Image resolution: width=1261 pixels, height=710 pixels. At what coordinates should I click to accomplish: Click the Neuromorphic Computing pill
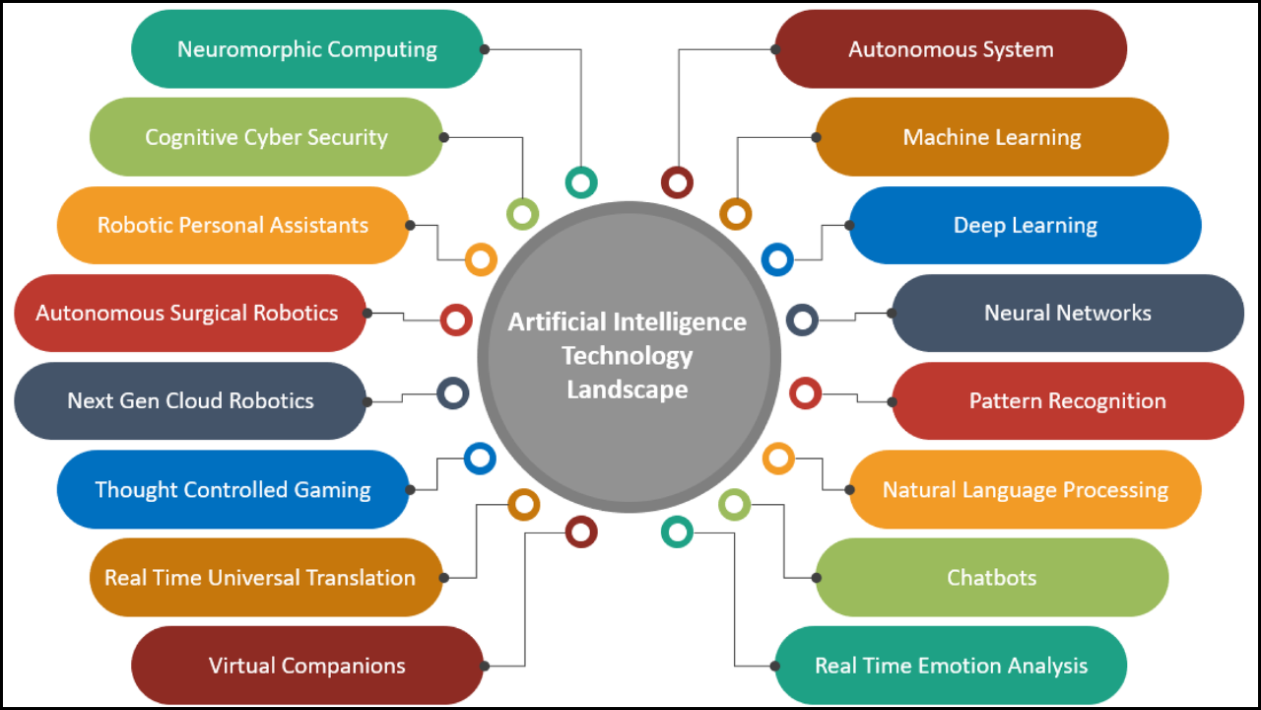(306, 49)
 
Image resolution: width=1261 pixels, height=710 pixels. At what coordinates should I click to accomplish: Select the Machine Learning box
(991, 137)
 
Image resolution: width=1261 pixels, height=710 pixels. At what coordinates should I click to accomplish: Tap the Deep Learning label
(1025, 225)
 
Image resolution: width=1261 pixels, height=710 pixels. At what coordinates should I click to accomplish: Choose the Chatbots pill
(991, 577)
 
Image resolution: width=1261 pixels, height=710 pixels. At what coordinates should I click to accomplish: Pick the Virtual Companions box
(306, 666)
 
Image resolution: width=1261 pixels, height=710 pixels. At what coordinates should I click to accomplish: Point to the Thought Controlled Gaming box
(232, 489)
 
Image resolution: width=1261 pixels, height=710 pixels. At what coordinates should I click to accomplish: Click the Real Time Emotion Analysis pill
(951, 666)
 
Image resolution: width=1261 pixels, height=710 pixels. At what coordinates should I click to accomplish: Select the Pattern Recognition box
(1067, 401)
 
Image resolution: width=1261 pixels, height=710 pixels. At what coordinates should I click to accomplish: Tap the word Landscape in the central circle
(628, 390)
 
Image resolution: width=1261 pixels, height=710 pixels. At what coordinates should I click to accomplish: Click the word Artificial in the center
(556, 322)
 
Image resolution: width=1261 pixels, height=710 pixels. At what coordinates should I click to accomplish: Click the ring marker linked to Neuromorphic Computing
(581, 181)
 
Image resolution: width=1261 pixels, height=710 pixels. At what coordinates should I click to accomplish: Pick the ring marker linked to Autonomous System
(677, 181)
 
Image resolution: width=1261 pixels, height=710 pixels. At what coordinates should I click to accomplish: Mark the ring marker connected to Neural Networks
(803, 319)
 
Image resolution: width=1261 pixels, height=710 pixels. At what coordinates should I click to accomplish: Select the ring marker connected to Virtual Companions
(581, 532)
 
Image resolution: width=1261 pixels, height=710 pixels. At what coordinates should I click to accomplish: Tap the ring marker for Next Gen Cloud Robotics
(452, 394)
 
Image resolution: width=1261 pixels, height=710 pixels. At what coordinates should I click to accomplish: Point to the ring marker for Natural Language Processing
(778, 459)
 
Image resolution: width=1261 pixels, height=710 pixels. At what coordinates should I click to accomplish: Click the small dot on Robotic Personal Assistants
(409, 225)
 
